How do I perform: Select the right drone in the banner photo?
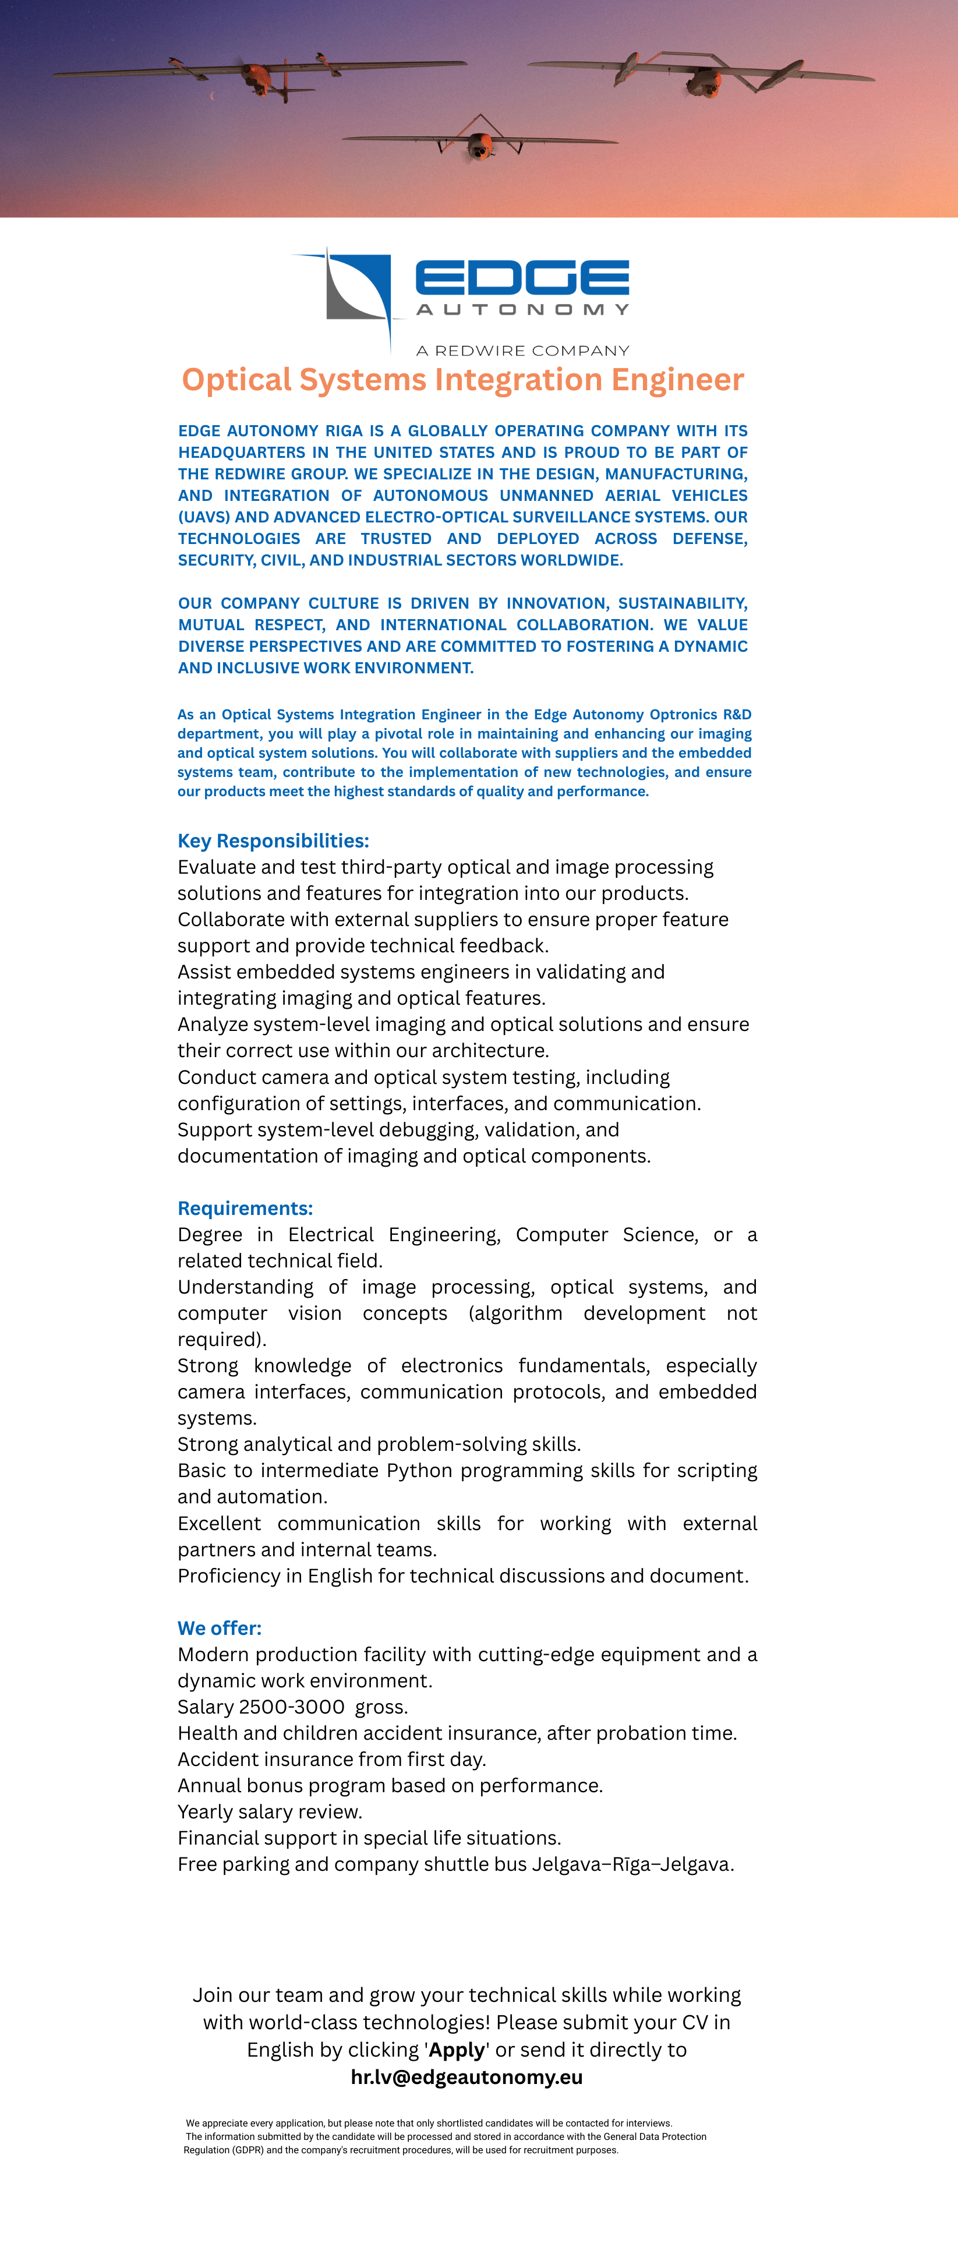pos(702,77)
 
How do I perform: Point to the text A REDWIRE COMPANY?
pos(522,351)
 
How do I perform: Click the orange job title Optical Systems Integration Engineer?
pos(462,380)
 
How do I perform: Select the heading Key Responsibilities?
pos(274,840)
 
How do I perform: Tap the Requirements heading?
pos(245,1208)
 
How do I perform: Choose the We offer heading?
pos(220,1627)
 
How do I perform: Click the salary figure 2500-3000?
pos(292,1707)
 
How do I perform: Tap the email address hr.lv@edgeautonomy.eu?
pos(467,2076)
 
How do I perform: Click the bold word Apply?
pos(457,2050)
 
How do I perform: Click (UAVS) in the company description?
pos(204,517)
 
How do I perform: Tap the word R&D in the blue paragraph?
pos(737,714)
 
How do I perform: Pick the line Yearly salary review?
pos(270,1811)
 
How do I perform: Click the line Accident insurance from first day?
pos(332,1759)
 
